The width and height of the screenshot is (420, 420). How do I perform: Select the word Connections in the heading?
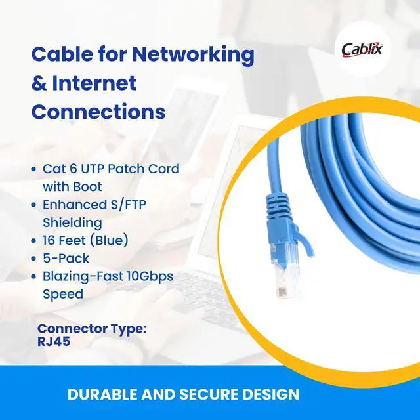[98, 112]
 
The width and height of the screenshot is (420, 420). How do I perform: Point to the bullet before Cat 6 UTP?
[34, 169]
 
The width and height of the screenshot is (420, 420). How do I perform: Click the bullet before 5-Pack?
[34, 259]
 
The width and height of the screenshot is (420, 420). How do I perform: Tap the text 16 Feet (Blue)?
[85, 241]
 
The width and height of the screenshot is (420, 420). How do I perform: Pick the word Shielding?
[72, 222]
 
